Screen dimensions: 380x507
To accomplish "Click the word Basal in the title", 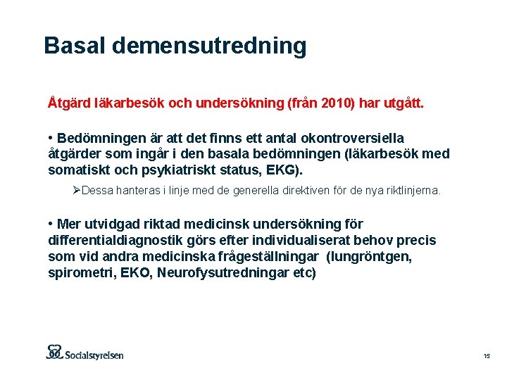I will point(74,46).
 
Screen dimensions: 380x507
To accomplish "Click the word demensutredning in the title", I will point(208,46).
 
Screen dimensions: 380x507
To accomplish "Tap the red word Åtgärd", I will point(70,103).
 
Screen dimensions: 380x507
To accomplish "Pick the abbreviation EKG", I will point(285,170).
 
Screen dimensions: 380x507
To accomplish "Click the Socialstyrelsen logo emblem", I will point(56,351).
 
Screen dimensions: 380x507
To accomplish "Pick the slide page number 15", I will point(486,357).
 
